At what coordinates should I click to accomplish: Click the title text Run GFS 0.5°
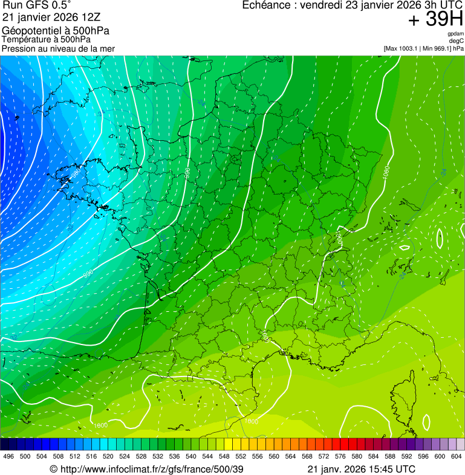(36, 6)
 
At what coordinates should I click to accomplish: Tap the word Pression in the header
(18, 48)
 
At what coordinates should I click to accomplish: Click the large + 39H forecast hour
(435, 20)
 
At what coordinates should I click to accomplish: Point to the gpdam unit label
(455, 34)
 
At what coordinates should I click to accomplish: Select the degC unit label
(456, 41)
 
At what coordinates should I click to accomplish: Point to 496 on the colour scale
(8, 456)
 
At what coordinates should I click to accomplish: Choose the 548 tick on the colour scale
(224, 456)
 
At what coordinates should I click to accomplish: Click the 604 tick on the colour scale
(456, 456)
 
